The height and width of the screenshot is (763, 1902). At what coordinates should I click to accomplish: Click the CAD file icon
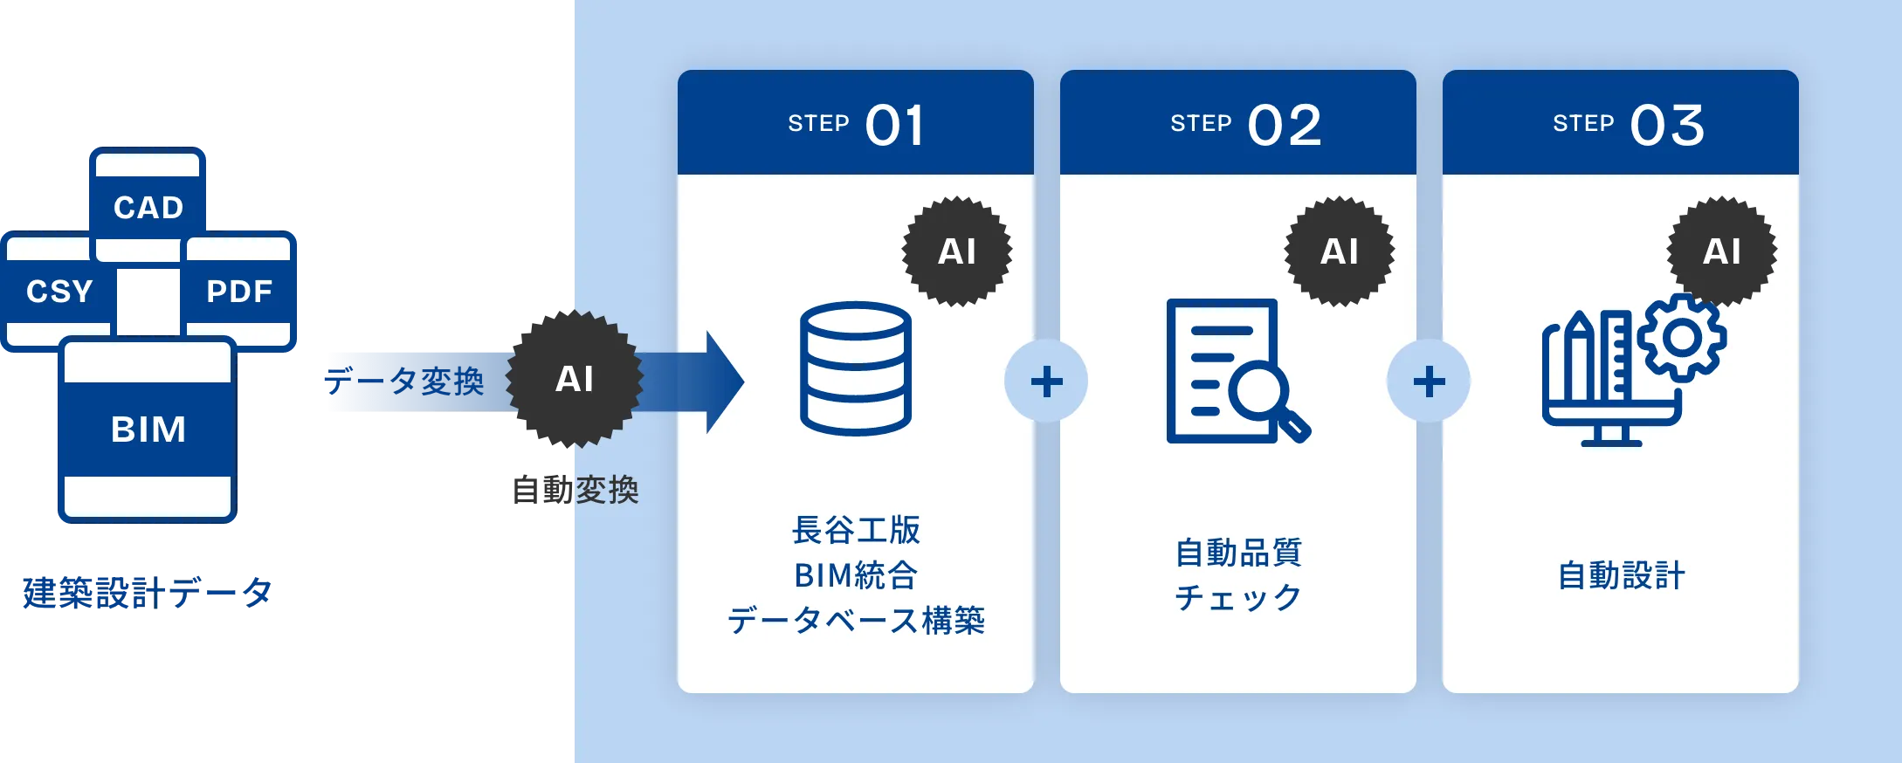pyautogui.click(x=148, y=206)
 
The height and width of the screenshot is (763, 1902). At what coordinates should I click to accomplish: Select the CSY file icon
pyautogui.click(x=58, y=291)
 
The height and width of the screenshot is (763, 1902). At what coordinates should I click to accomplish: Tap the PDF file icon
pyautogui.click(x=239, y=291)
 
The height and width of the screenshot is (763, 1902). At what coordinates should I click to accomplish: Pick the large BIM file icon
pyautogui.click(x=148, y=429)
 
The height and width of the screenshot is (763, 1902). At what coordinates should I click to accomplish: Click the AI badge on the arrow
pyautogui.click(x=575, y=379)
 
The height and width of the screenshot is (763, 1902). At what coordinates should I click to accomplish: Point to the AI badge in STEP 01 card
pyautogui.click(x=957, y=251)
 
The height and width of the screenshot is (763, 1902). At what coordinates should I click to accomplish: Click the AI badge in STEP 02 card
pyautogui.click(x=1340, y=251)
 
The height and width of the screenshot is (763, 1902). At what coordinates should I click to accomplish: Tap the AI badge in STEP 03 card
pyautogui.click(x=1722, y=251)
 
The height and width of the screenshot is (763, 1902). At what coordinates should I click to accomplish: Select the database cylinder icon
pyautogui.click(x=856, y=368)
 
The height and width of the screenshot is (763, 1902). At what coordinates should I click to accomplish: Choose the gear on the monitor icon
pyautogui.click(x=1682, y=337)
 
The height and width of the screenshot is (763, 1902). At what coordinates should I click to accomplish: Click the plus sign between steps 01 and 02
pyautogui.click(x=1046, y=381)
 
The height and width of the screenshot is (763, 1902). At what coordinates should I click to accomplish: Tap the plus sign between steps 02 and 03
pyautogui.click(x=1429, y=381)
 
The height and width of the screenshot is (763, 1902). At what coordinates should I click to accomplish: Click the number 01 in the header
pyautogui.click(x=894, y=126)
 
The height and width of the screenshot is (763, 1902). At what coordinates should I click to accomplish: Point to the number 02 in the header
pyautogui.click(x=1285, y=126)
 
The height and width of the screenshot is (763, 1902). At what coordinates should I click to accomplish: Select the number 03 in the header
pyautogui.click(x=1667, y=126)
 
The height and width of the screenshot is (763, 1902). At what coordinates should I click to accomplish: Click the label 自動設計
pyautogui.click(x=1622, y=576)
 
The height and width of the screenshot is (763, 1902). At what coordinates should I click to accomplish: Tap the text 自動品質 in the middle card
pyautogui.click(x=1238, y=553)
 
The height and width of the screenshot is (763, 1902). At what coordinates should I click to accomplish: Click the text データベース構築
pyautogui.click(x=856, y=621)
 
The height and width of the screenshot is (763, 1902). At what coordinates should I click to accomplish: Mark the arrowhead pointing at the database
pyautogui.click(x=725, y=381)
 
